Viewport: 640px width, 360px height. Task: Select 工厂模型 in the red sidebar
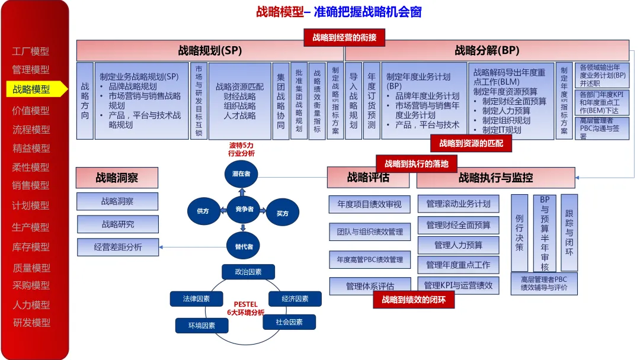click(x=31, y=52)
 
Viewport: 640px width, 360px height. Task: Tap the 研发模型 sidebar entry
click(x=31, y=323)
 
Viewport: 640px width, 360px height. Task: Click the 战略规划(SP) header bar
click(x=210, y=50)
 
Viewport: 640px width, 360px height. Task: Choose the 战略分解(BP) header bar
click(x=487, y=50)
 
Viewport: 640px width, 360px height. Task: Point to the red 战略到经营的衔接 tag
click(x=344, y=37)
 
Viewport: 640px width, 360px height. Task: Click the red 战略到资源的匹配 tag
click(x=471, y=143)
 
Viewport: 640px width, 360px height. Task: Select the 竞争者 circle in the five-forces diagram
click(x=244, y=209)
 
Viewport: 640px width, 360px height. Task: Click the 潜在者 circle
click(x=242, y=174)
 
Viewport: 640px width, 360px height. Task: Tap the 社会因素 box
click(x=289, y=322)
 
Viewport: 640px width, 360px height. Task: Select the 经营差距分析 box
click(x=118, y=247)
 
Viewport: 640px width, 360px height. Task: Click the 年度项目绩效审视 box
click(x=370, y=204)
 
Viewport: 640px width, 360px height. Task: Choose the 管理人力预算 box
click(x=458, y=245)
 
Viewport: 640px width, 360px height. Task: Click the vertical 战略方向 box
click(x=85, y=101)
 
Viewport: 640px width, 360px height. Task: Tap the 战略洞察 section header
click(x=117, y=178)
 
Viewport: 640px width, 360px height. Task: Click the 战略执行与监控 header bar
click(x=495, y=178)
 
